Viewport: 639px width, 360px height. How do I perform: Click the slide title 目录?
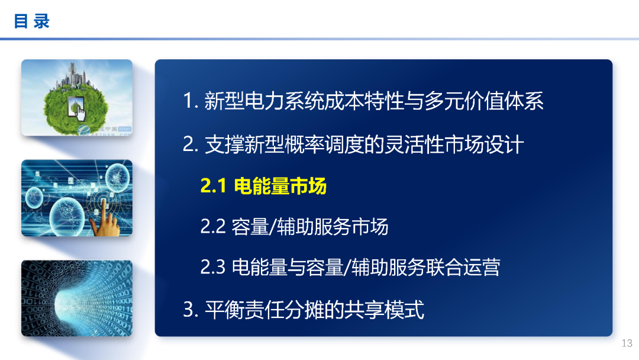point(32,22)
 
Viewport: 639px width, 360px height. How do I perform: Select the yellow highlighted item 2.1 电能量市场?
point(263,187)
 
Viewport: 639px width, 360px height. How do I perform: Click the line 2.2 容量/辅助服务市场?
point(294,227)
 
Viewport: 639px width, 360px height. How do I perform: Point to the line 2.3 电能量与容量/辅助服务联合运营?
point(350,267)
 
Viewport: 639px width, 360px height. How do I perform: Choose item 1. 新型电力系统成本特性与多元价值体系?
point(363,101)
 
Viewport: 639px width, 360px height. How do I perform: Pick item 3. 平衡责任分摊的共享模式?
point(304,310)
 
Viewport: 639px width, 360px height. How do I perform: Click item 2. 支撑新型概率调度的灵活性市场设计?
point(353,144)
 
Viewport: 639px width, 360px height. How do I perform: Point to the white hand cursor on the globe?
point(79,110)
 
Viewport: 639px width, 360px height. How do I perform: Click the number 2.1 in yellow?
point(214,187)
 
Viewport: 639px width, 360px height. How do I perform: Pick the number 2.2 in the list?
point(213,227)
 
